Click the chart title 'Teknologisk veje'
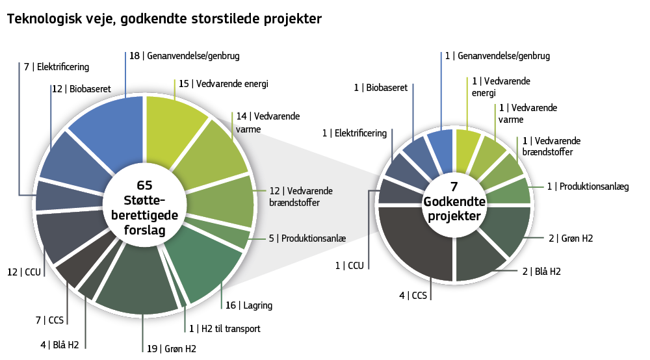point(164,19)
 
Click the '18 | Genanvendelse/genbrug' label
point(184,57)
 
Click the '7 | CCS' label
point(49,320)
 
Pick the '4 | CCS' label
point(413,296)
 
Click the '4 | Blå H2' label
point(59,344)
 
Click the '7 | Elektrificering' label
point(57,67)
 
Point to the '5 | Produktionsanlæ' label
point(307,238)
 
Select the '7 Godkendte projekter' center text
point(454,203)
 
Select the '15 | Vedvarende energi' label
point(223,84)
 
